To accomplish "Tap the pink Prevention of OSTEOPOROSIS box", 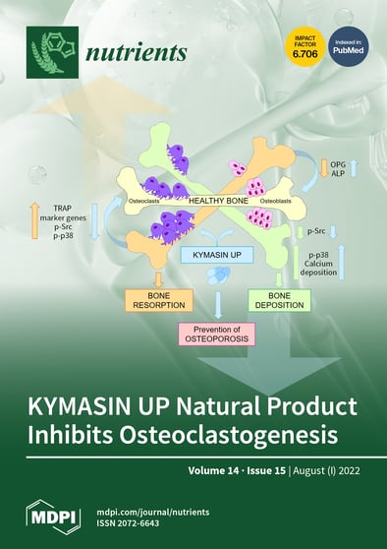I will tap(215, 335).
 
